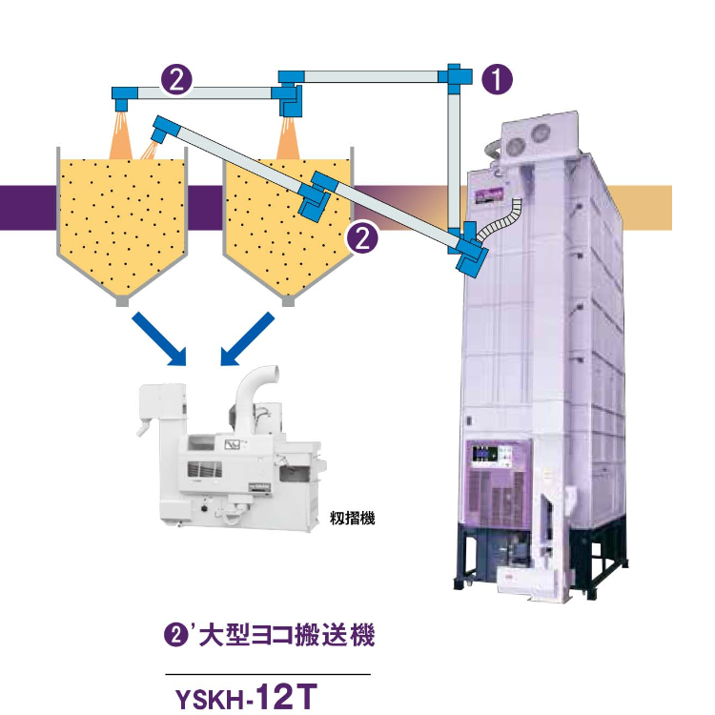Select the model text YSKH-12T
243,697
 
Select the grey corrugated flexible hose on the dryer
502,219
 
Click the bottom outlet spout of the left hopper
122,301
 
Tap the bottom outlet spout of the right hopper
287,301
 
